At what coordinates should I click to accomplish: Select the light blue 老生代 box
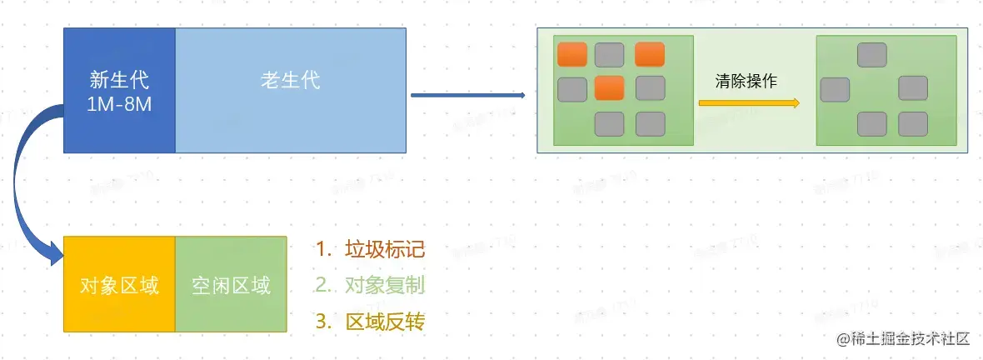point(291,82)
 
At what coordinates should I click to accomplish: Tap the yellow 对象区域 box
point(119,286)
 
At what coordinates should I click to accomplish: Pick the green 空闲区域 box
point(231,286)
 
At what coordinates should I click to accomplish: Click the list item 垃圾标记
point(385,249)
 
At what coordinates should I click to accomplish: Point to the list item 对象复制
point(385,285)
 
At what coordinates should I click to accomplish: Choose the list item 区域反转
point(385,322)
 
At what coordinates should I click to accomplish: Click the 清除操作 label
point(746,82)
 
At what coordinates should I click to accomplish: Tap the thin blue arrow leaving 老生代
point(467,96)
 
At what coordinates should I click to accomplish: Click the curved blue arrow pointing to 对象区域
point(25,183)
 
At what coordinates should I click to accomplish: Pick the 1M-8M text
point(119,107)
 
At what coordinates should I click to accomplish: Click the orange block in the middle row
point(610,87)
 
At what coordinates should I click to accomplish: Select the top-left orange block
point(572,54)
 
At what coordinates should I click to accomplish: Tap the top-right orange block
point(650,54)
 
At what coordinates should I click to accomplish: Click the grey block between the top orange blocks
point(610,55)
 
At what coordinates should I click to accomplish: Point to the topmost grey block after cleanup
point(872,55)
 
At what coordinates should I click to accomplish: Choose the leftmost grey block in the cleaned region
point(835,89)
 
